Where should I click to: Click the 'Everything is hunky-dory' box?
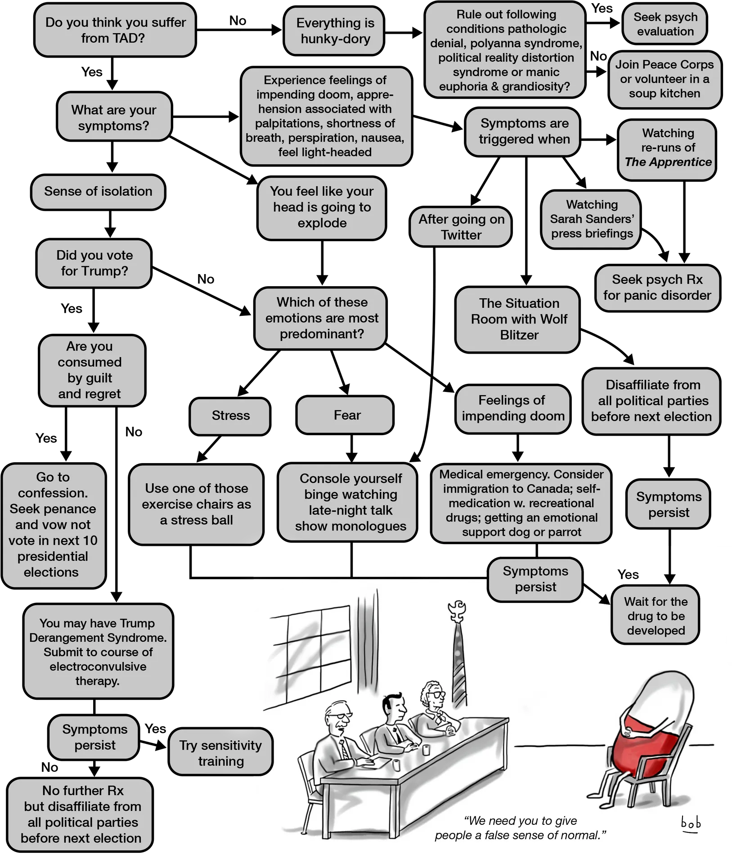(x=334, y=31)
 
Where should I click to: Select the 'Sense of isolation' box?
(x=98, y=192)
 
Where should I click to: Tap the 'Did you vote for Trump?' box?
(x=94, y=263)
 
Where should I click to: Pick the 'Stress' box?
(x=230, y=416)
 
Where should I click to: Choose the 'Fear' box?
(x=345, y=415)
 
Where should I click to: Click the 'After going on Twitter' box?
(x=461, y=227)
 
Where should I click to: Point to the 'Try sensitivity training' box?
(x=220, y=753)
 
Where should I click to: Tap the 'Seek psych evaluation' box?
(x=665, y=24)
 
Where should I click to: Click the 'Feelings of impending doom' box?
(x=513, y=409)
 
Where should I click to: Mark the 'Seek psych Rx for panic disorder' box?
(x=658, y=288)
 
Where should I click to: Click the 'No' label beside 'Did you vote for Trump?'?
(x=206, y=279)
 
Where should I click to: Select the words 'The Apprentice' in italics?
(x=668, y=162)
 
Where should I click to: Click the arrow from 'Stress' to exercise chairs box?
(x=209, y=449)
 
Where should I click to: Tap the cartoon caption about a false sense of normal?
(x=521, y=828)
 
